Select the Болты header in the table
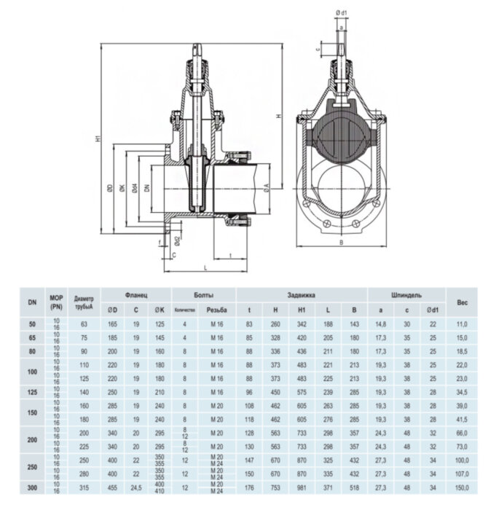point(203,294)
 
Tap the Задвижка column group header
point(302,294)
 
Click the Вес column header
point(462,301)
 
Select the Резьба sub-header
point(217,308)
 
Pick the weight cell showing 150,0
point(462,486)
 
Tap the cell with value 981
point(302,486)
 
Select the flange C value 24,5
point(135,486)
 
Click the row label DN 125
point(31,392)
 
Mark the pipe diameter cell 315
point(83,486)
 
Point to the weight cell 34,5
point(462,392)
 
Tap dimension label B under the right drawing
point(339,243)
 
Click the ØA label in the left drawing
point(269,187)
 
